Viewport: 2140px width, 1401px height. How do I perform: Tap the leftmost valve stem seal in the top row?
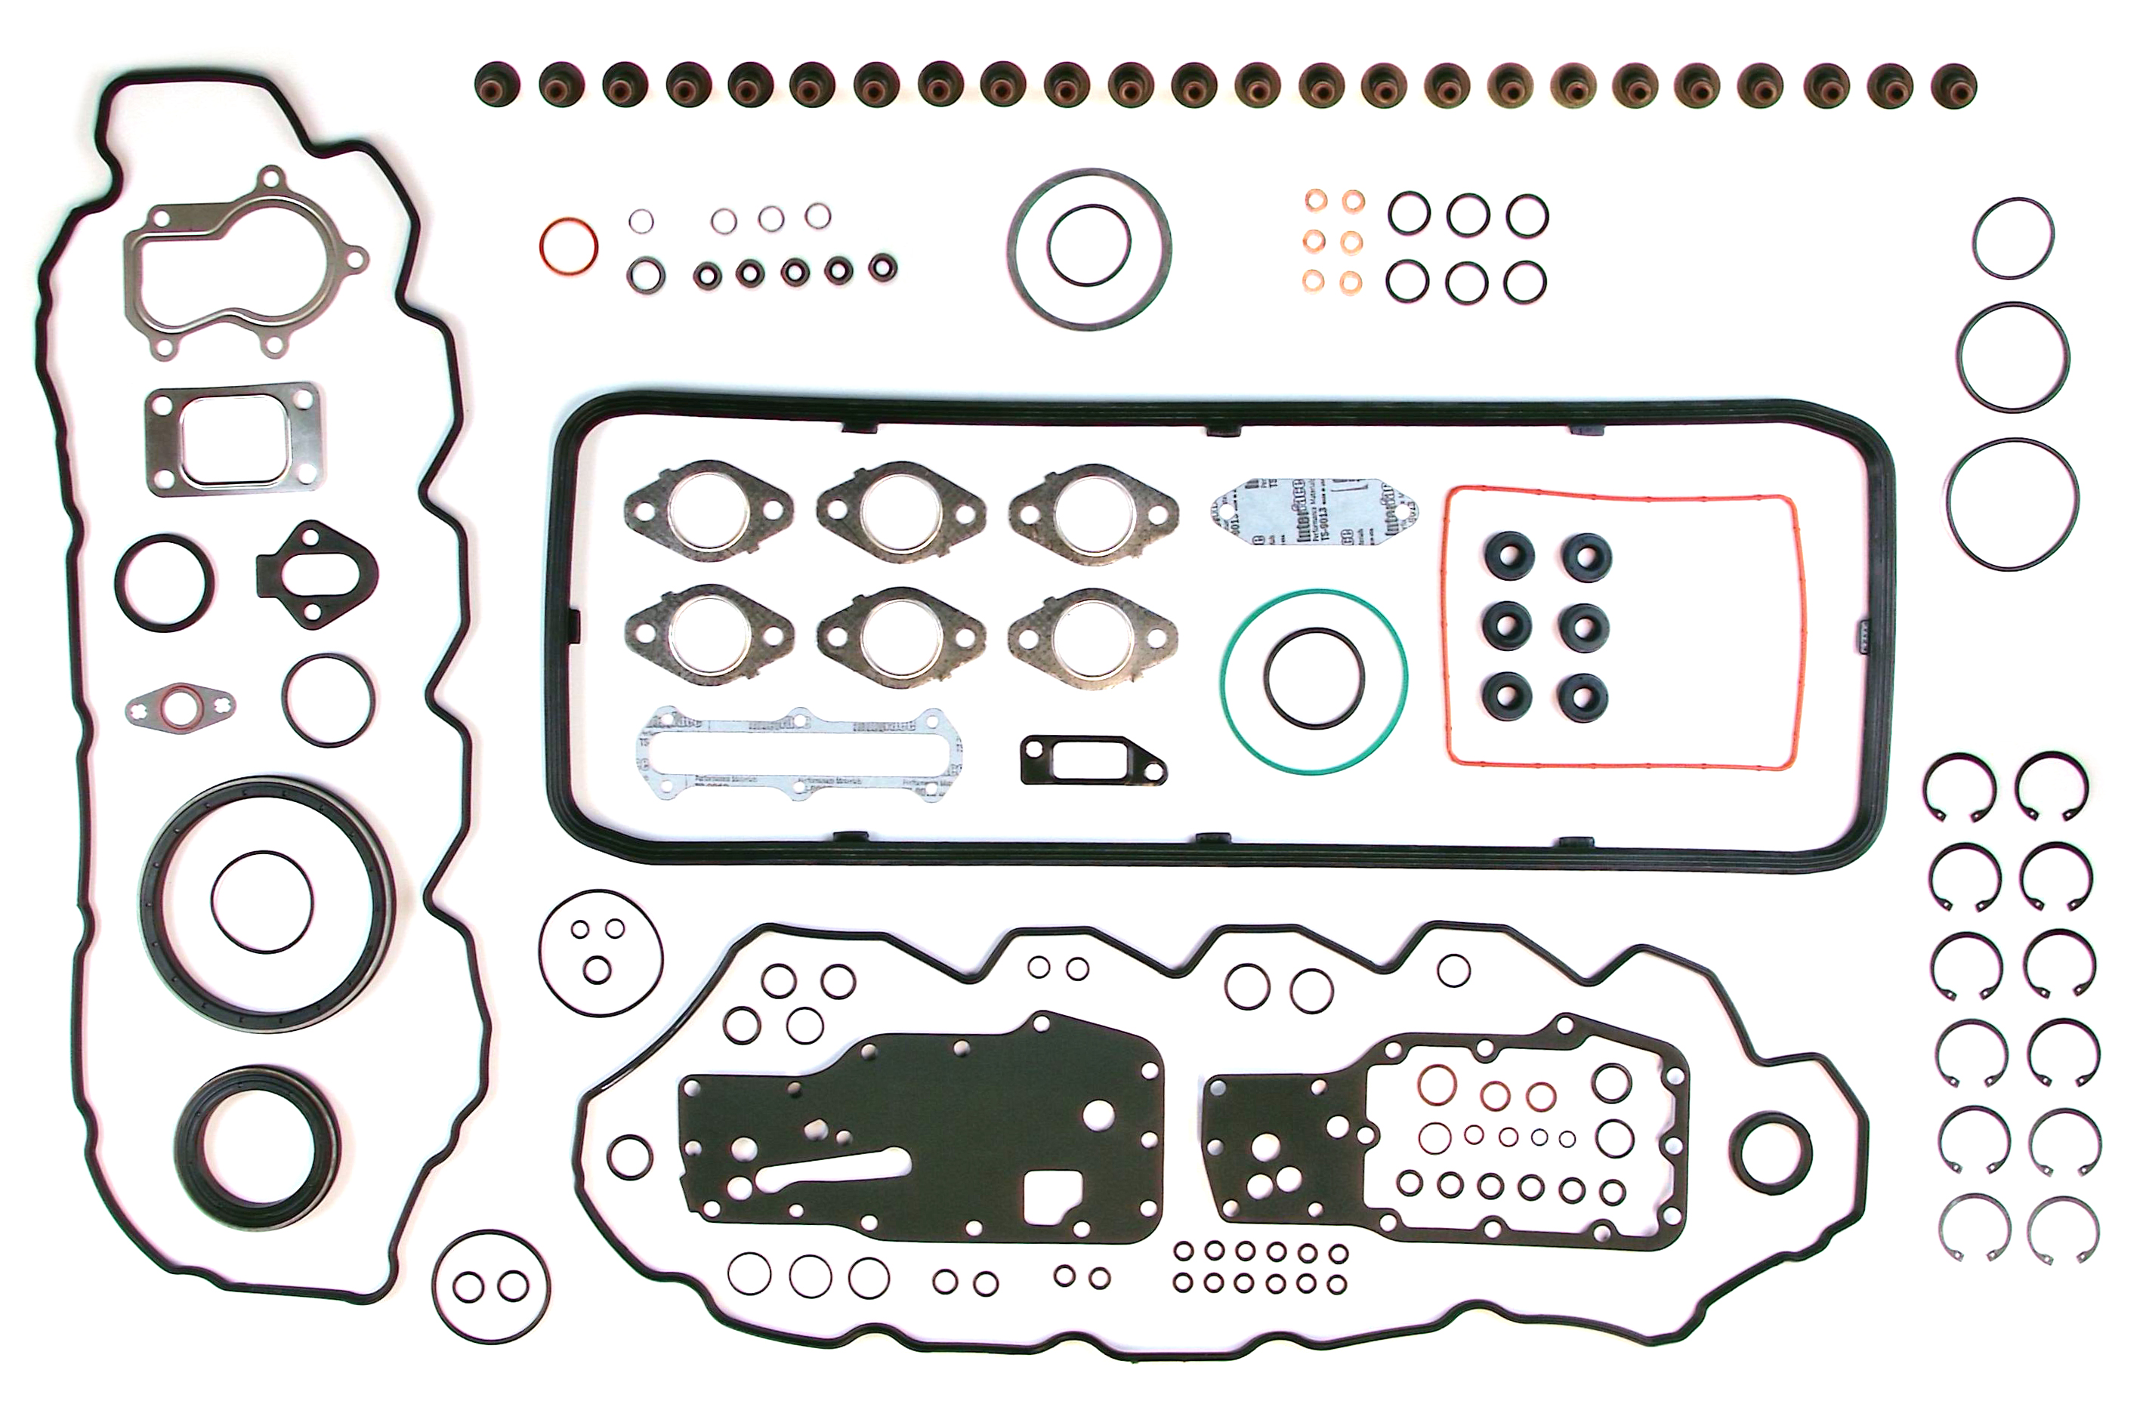pyautogui.click(x=496, y=85)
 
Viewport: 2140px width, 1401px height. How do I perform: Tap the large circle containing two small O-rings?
pyautogui.click(x=435, y=1287)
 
